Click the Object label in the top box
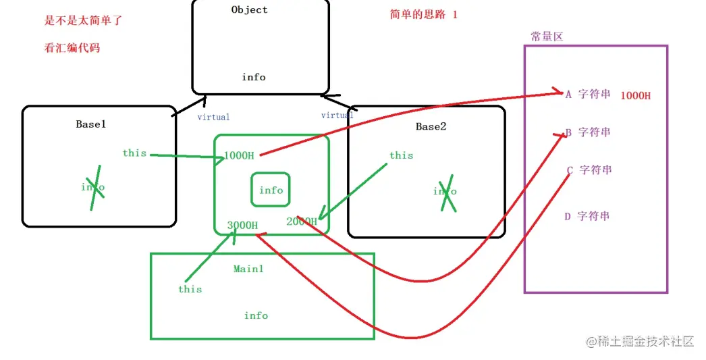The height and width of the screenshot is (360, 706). pyautogui.click(x=249, y=9)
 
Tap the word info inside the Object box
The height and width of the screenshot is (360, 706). pyautogui.click(x=254, y=77)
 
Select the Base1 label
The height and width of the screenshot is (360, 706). pyautogui.click(x=91, y=124)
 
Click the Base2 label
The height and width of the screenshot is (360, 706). pyautogui.click(x=431, y=126)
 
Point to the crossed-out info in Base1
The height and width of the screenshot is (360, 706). pyautogui.click(x=93, y=186)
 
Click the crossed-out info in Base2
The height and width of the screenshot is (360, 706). pyautogui.click(x=445, y=191)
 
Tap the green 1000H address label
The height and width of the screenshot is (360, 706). pyautogui.click(x=239, y=155)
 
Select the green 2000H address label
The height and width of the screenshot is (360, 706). pyautogui.click(x=301, y=222)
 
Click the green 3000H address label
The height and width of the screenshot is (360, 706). pyautogui.click(x=242, y=225)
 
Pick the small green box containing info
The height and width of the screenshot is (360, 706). pyautogui.click(x=271, y=190)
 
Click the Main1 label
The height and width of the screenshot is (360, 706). pyautogui.click(x=248, y=269)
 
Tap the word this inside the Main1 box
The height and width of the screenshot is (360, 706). pyautogui.click(x=190, y=289)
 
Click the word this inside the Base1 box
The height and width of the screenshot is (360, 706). pyautogui.click(x=134, y=153)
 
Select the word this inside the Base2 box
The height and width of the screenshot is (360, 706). pyautogui.click(x=401, y=155)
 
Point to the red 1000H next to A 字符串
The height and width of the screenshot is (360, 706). pyautogui.click(x=636, y=95)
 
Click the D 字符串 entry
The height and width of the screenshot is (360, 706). pyautogui.click(x=587, y=216)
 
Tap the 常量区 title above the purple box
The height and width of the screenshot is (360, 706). pyautogui.click(x=547, y=36)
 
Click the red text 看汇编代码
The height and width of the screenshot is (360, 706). pyautogui.click(x=73, y=48)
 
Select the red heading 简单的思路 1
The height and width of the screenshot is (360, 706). pyautogui.click(x=423, y=14)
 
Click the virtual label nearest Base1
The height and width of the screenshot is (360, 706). pyautogui.click(x=213, y=117)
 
